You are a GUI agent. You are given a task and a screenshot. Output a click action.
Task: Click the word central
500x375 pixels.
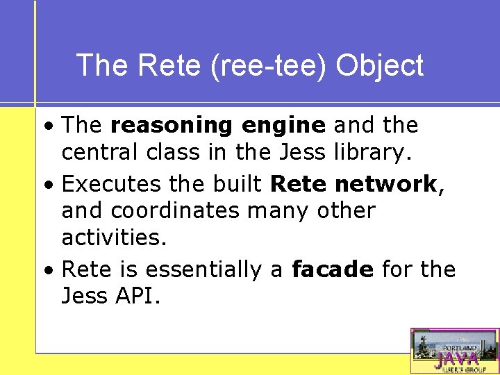pyautogui.click(x=99, y=152)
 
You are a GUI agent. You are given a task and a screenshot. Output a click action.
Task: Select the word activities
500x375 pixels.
pyautogui.click(x=114, y=237)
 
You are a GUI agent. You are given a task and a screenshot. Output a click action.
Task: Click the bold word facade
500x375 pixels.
pyautogui.click(x=333, y=269)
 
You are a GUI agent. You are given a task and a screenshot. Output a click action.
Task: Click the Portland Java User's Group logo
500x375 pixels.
pyautogui.click(x=455, y=351)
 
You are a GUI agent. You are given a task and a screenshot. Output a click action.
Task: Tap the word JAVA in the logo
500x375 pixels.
pyautogui.click(x=456, y=359)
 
